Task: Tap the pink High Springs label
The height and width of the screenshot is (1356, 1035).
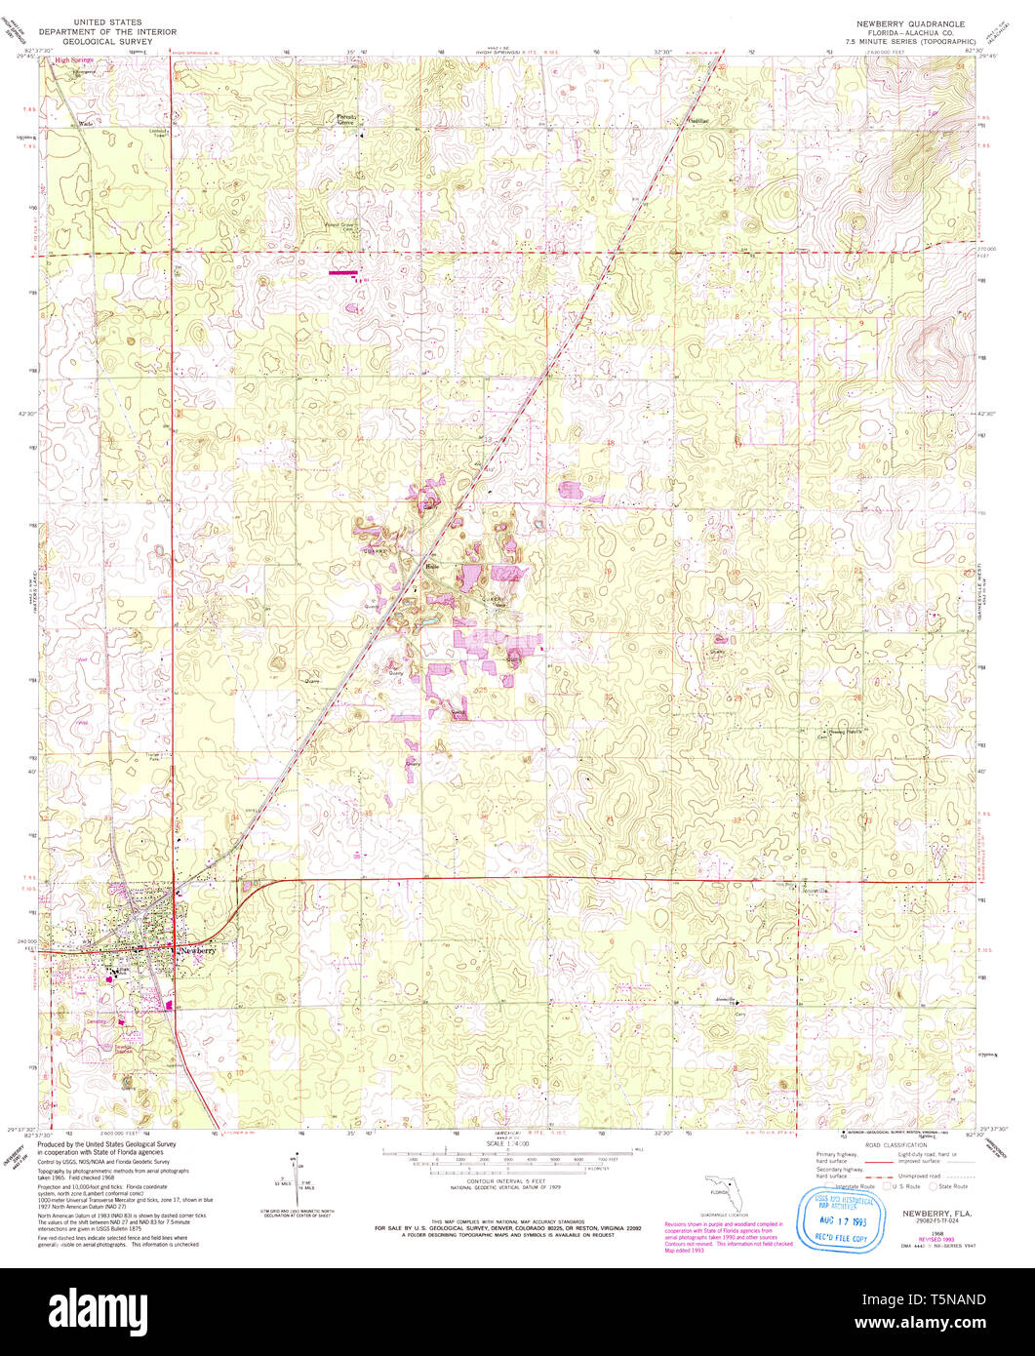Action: (73, 60)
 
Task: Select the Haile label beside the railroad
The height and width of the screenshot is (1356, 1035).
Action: (434, 565)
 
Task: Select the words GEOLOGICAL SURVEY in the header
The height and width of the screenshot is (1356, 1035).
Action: (101, 42)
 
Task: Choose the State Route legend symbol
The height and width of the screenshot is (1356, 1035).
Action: (933, 1186)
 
